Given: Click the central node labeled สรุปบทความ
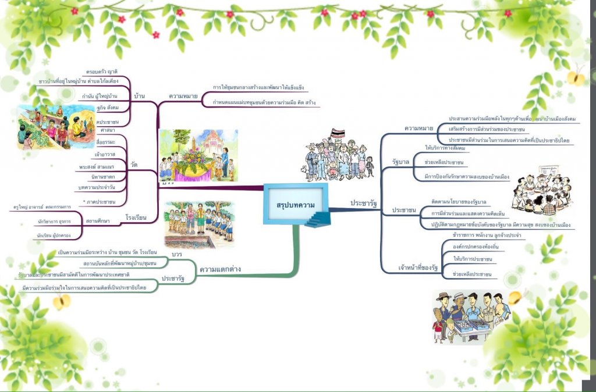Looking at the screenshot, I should pyautogui.click(x=295, y=205).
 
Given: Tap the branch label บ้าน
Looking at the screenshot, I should pyautogui.click(x=139, y=95).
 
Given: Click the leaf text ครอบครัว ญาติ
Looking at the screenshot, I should pyautogui.click(x=102, y=72).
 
